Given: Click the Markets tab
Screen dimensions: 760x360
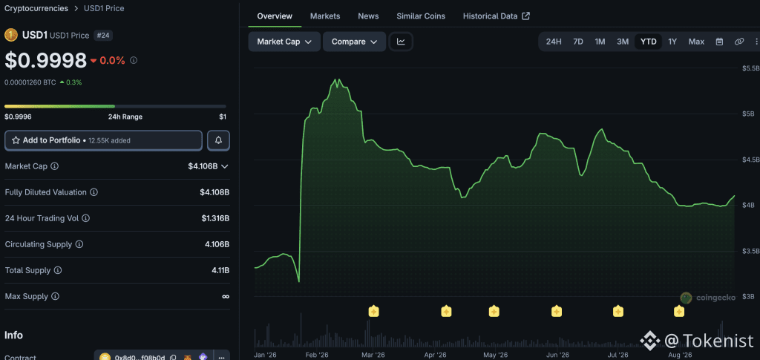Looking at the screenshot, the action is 325,16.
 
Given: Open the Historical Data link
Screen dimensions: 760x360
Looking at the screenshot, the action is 496,16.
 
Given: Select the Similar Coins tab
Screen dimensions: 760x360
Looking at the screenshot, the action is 421,16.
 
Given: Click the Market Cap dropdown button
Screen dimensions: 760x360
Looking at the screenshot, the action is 284,42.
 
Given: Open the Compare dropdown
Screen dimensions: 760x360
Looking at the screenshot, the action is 354,42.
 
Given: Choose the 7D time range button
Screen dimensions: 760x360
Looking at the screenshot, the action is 577,42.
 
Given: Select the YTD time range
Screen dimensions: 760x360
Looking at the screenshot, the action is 649,42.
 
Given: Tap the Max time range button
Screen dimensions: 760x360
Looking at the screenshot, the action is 696,42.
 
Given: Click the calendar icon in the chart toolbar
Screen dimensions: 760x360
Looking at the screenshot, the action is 720,42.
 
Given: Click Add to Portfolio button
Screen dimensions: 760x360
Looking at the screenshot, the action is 103,140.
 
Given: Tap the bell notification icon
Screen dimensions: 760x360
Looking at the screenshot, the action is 219,140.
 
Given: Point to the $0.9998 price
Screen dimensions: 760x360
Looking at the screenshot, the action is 45,60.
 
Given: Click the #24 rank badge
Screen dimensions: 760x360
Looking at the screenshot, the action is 102,36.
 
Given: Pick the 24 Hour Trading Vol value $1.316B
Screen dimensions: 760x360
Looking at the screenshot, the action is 215,218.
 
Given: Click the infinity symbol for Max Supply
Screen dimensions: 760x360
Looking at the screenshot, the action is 226,296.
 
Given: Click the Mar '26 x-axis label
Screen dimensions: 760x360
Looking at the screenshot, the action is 373,355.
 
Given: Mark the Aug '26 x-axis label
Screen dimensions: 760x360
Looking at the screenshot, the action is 680,355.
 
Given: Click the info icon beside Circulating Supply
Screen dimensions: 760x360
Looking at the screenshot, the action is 79,245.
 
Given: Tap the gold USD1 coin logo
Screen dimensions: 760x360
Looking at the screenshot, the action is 11,36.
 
